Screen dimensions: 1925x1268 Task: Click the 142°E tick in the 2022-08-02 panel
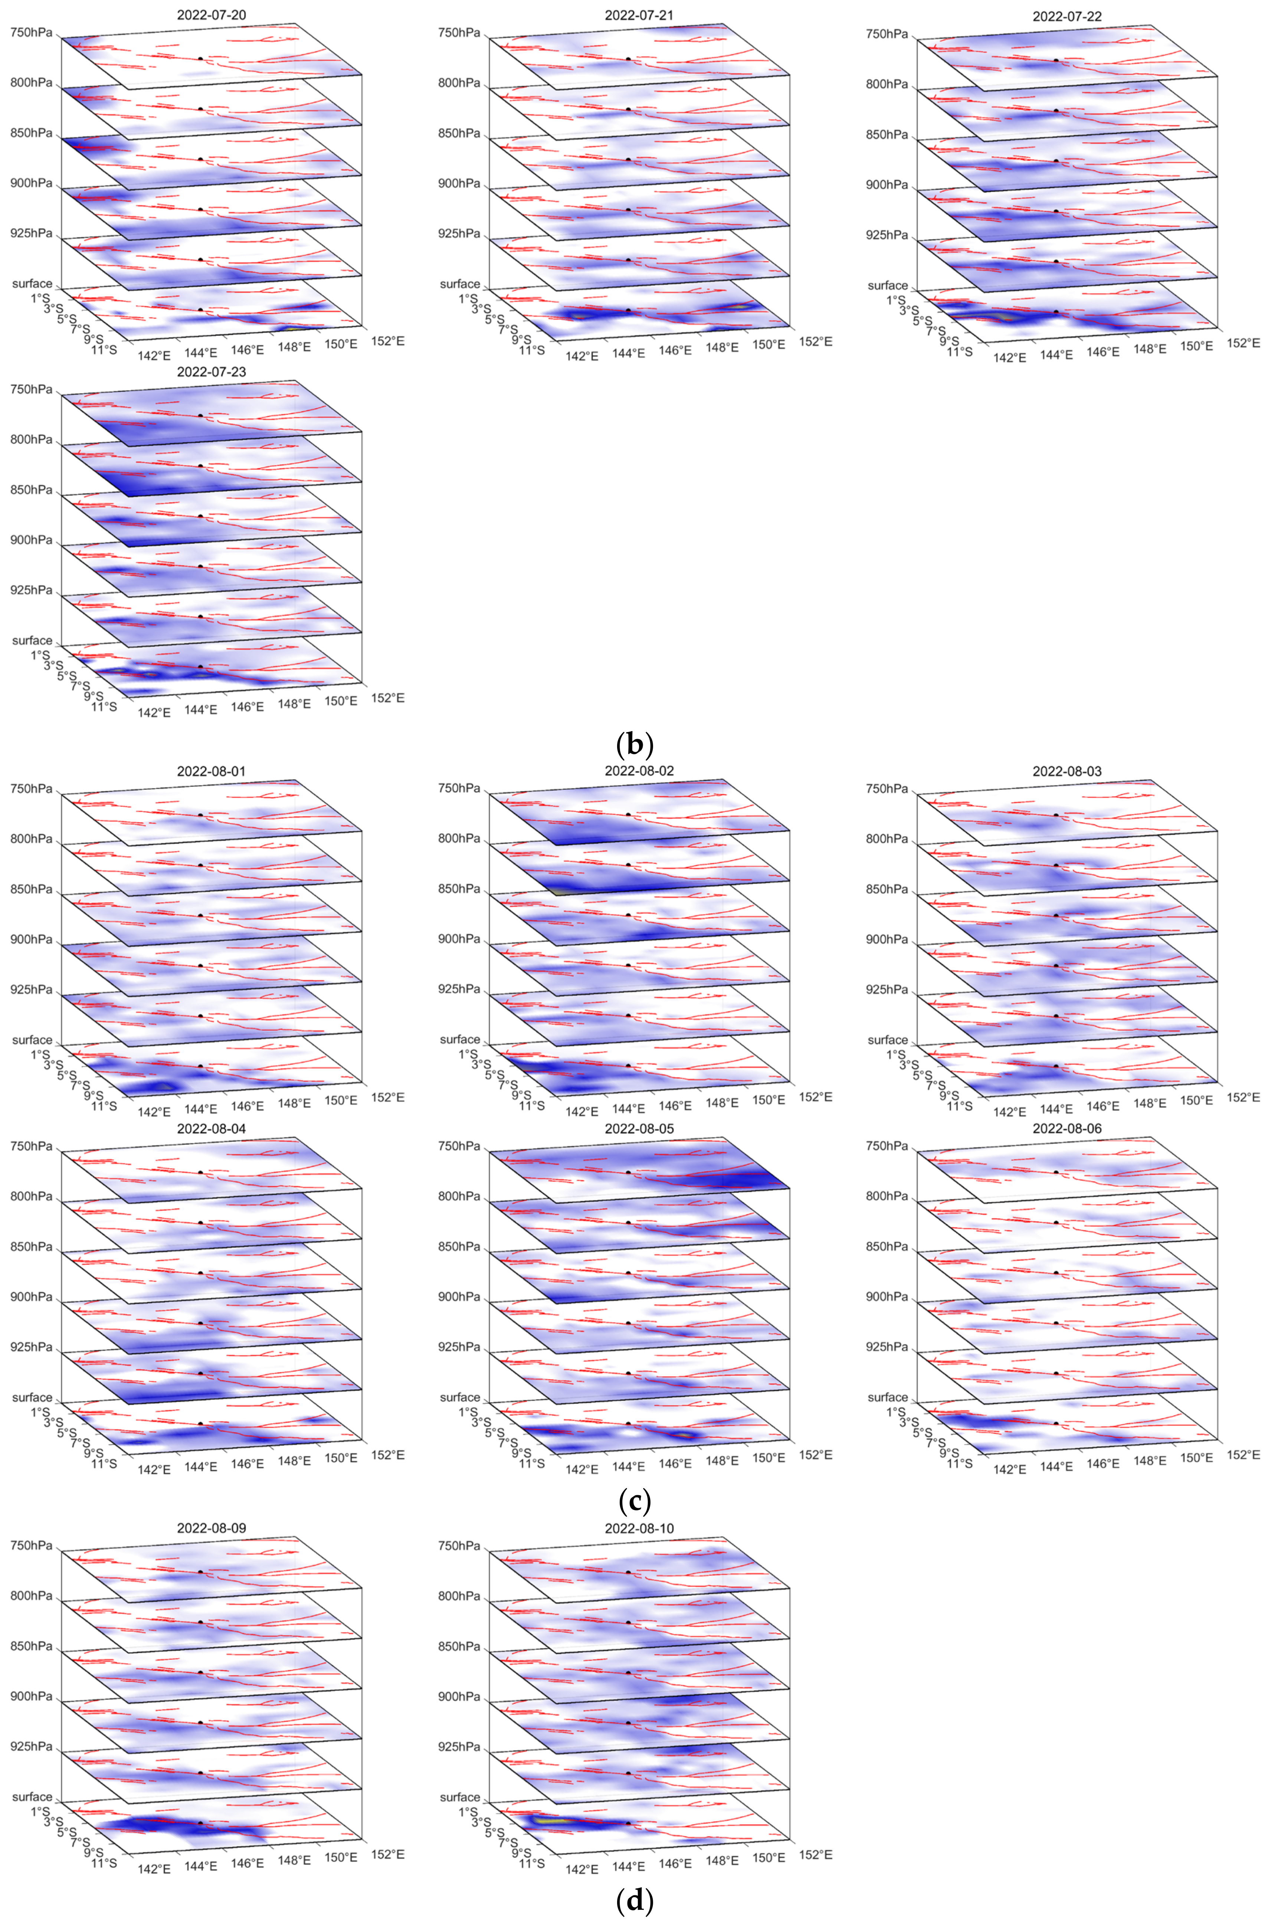[582, 1111]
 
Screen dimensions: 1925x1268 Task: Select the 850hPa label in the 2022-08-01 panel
[31, 889]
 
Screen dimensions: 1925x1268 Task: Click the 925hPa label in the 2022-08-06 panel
[887, 1347]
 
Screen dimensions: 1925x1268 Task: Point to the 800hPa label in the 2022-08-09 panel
[31, 1596]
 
